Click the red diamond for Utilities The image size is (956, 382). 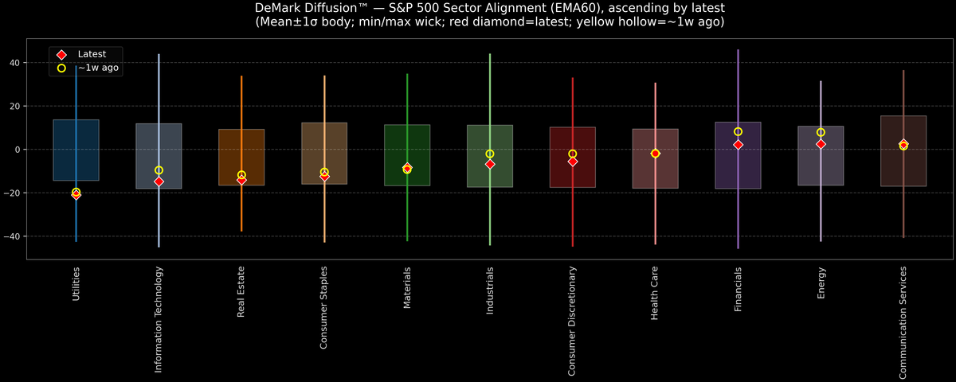point(76,194)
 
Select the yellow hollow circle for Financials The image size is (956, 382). point(738,132)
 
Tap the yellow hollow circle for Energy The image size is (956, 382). point(821,133)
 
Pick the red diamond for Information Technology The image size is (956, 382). point(159,181)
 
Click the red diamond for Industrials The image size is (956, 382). point(490,164)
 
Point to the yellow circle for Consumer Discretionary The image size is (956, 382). point(572,154)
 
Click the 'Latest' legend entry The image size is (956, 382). point(91,53)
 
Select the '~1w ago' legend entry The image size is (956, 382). point(98,68)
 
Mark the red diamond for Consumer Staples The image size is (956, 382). point(324,176)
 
